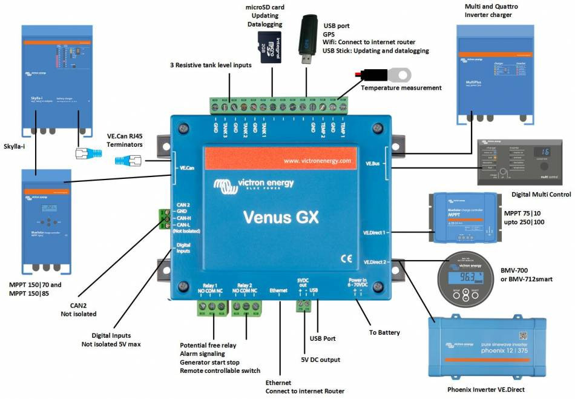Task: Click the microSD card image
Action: tap(272, 47)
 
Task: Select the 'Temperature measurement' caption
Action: tap(401, 88)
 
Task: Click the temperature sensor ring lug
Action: tap(399, 75)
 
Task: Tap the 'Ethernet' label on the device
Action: tap(278, 291)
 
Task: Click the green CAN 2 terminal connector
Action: tap(164, 218)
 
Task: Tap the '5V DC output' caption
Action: tap(322, 360)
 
